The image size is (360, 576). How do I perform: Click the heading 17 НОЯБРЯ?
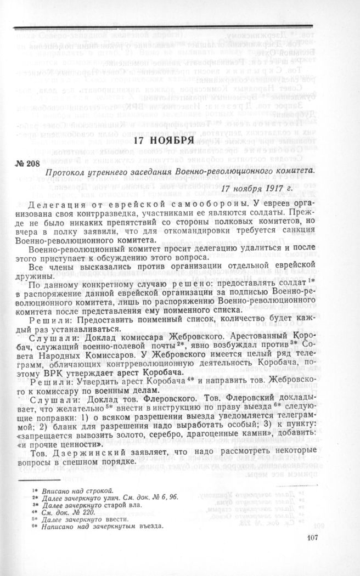164,140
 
